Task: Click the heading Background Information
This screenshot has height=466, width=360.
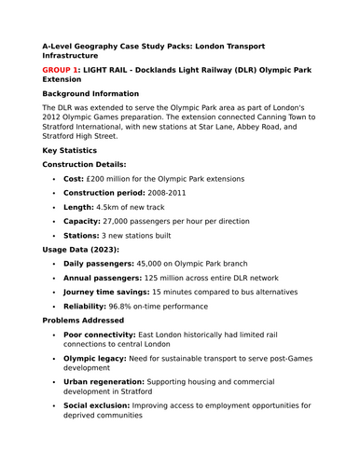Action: [x=90, y=94]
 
